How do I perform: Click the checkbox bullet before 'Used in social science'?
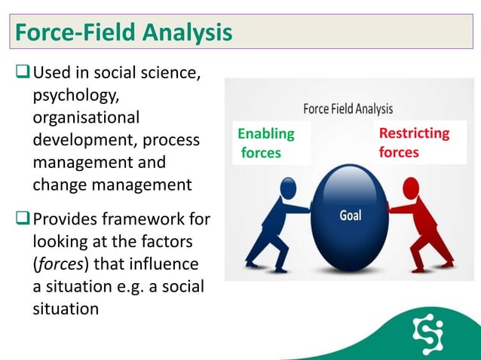(x=22, y=75)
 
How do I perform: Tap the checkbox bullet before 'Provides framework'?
(x=22, y=220)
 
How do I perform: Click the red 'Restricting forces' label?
(x=413, y=143)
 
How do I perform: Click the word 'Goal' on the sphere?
(x=350, y=215)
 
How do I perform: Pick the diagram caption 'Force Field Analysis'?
(x=348, y=108)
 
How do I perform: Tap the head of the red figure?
(x=412, y=186)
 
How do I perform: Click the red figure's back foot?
(x=446, y=264)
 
